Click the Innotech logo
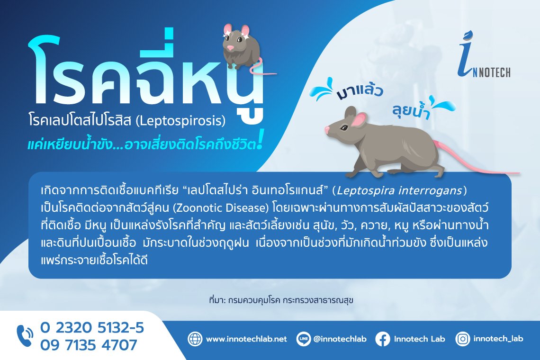coord(484,55)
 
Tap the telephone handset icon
coord(25,335)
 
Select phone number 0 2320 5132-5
coord(92,328)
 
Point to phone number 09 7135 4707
coord(89,345)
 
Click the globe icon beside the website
coord(195,339)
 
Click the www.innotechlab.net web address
coord(246,339)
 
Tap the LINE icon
coord(304,339)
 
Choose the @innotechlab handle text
coord(340,339)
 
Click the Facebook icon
coord(383,339)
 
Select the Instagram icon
coord(462,339)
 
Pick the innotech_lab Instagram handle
coord(498,339)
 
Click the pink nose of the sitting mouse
coord(230,47)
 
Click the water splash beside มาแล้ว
coord(323,89)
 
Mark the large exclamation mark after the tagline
coord(260,140)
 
